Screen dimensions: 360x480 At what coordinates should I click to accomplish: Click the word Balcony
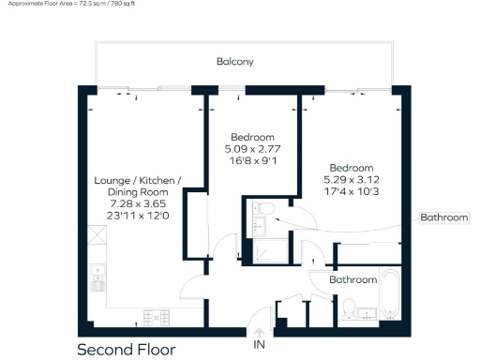click(x=235, y=62)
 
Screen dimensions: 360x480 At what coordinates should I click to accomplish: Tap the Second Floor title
click(x=126, y=350)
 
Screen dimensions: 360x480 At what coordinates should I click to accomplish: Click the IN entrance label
click(x=260, y=344)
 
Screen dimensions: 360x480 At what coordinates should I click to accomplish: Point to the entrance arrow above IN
click(x=260, y=330)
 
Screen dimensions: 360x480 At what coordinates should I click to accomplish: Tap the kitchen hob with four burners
click(x=156, y=316)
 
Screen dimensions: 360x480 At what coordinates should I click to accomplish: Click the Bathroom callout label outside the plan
click(x=443, y=217)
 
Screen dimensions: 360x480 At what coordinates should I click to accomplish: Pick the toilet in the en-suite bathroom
click(x=264, y=207)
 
